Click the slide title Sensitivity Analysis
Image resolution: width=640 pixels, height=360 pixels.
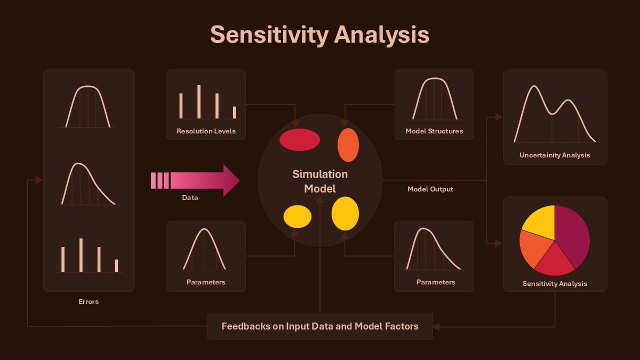click(x=319, y=35)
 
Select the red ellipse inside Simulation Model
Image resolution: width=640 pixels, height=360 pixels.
click(x=300, y=140)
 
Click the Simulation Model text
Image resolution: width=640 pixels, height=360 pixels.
click(x=319, y=181)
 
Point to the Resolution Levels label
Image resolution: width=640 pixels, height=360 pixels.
click(x=206, y=131)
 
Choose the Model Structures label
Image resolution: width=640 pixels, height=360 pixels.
click(x=434, y=131)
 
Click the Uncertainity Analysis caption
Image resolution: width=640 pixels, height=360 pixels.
click(x=555, y=155)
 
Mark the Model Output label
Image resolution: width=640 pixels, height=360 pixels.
click(x=430, y=189)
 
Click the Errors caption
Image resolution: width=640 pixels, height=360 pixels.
click(x=89, y=302)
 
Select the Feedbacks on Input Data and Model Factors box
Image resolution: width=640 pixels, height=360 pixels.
click(x=320, y=326)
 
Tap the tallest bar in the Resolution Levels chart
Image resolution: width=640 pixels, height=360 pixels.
click(x=199, y=101)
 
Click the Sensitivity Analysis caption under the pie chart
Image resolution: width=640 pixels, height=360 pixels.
click(x=555, y=284)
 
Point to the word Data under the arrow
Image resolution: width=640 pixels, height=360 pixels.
click(x=190, y=198)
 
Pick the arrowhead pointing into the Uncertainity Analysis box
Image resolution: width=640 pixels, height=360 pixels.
click(x=499, y=117)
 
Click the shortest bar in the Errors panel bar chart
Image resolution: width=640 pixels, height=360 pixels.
click(x=116, y=266)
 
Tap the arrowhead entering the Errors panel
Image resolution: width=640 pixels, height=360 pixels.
click(x=39, y=180)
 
